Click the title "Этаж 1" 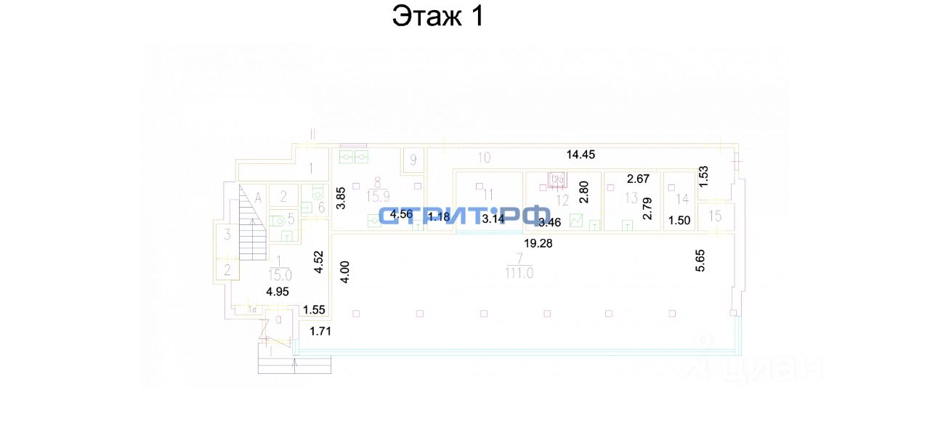pos(437,16)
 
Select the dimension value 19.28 pos(538,244)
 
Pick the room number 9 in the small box pos(413,160)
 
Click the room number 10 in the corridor pos(484,157)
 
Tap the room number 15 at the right pos(715,216)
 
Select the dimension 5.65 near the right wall pos(700,260)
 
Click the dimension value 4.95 pos(278,292)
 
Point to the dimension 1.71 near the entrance pos(320,332)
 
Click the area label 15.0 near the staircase pos(280,275)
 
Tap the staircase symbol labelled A pos(252,221)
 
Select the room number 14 pos(682,198)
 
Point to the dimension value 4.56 pos(402,215)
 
